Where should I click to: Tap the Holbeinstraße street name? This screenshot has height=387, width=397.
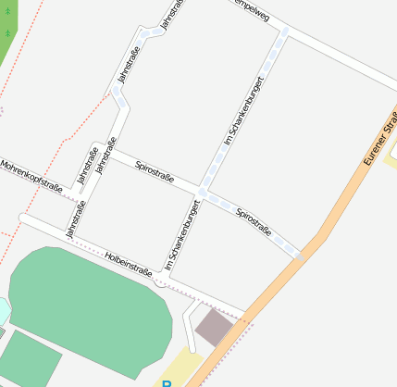(x=129, y=265)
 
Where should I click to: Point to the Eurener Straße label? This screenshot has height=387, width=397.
(x=379, y=141)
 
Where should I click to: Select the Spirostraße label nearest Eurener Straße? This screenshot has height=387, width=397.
(x=254, y=220)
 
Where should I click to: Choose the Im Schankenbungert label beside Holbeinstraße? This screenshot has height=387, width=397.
(x=183, y=235)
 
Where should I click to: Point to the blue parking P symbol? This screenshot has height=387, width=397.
(x=167, y=382)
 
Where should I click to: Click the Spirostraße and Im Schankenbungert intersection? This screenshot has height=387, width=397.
(x=201, y=193)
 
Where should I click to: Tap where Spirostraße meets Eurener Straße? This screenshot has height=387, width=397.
(x=302, y=255)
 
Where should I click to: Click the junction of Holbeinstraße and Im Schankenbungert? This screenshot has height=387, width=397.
(x=167, y=278)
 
